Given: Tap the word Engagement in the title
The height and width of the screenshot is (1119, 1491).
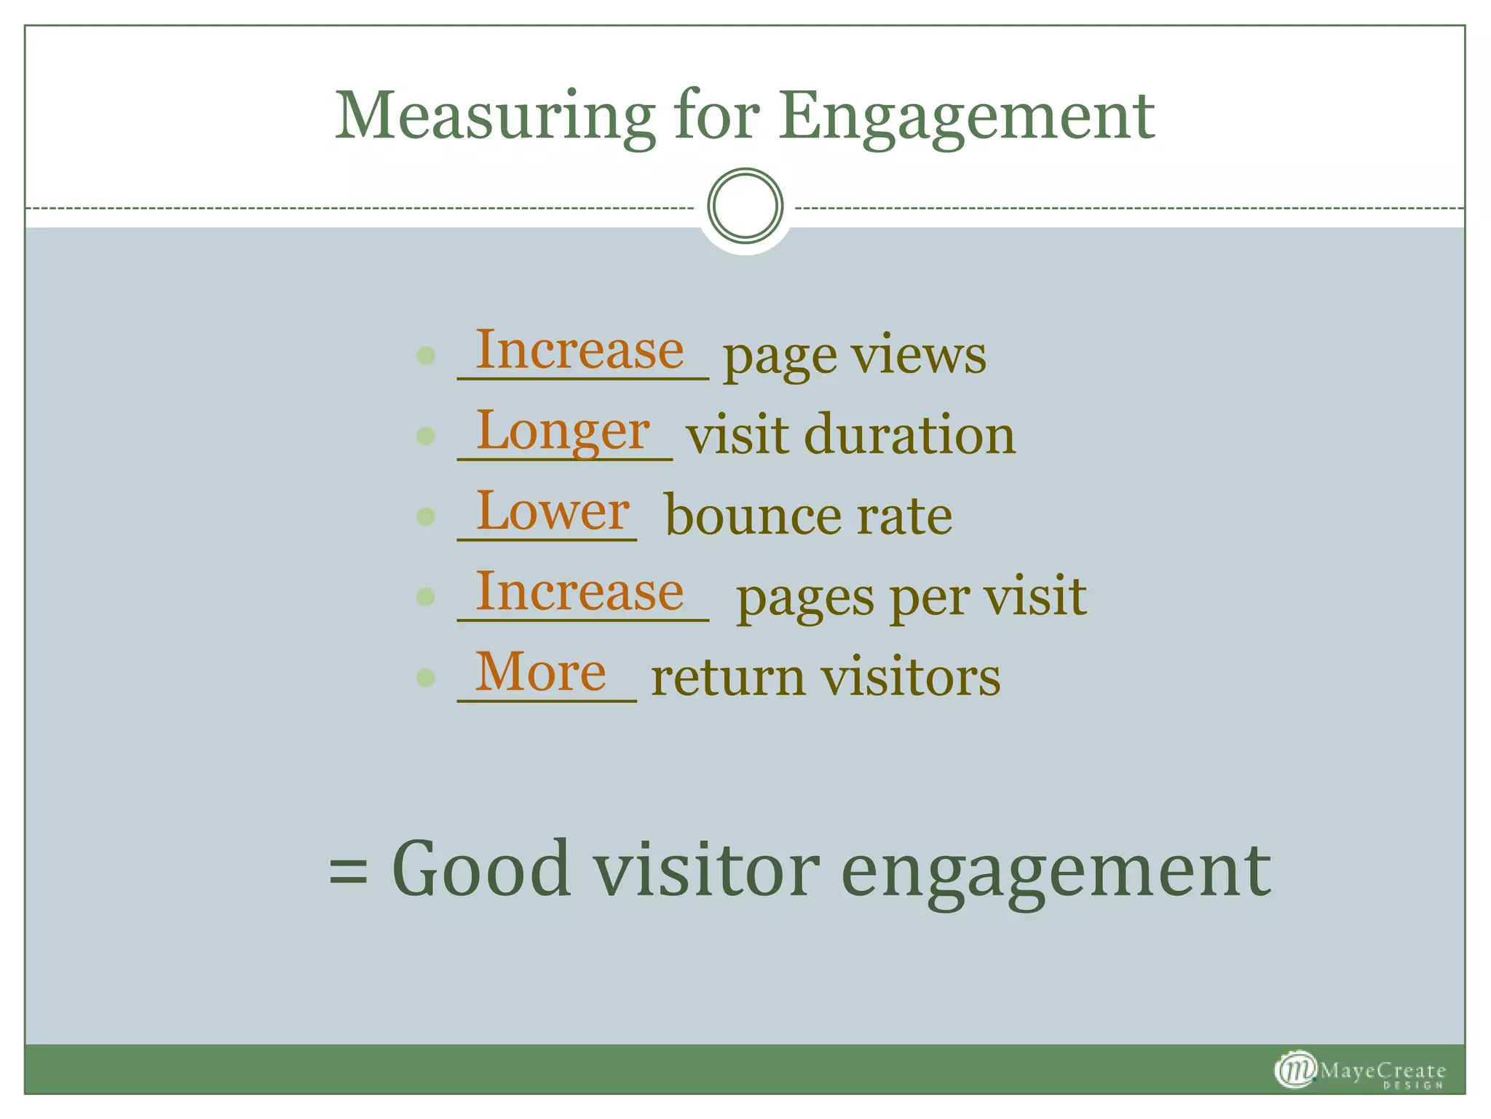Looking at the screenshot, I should [966, 117].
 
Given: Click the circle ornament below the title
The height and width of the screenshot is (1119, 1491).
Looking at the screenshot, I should [745, 205].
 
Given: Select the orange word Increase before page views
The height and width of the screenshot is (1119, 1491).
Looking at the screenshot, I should [580, 350].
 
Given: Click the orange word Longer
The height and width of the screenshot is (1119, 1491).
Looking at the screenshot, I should [563, 431].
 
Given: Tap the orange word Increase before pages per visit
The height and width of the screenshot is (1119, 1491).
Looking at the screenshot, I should [580, 592].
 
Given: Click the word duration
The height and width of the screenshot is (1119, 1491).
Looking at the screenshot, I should [909, 436].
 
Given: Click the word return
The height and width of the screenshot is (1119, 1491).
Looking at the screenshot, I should [729, 678].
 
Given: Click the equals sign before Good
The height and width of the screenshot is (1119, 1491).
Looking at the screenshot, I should [348, 871].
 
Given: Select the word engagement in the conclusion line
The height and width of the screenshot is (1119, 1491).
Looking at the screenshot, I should [1056, 871].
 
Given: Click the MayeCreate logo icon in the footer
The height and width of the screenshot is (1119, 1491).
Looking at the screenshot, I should [1295, 1069].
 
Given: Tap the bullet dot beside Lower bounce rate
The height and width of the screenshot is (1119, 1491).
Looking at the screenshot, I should [426, 517].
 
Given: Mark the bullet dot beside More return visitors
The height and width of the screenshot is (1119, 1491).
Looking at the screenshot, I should [426, 678].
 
